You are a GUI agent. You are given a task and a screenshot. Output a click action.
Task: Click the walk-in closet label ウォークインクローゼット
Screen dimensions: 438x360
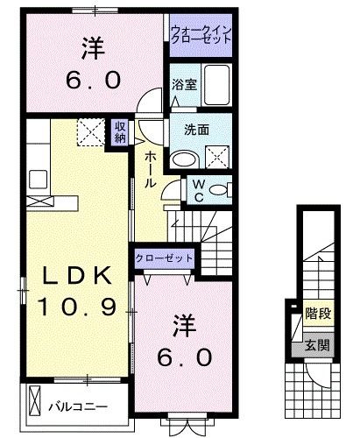coord(201,38)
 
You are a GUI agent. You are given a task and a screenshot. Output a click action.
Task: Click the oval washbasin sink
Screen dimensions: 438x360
coord(185,159)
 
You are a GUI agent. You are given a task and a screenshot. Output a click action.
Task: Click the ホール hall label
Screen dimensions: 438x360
coord(151,167)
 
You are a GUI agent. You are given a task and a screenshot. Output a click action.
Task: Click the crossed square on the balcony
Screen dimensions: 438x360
coord(35,404)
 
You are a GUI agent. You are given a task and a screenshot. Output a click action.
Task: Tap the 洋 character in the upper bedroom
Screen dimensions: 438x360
coord(91,45)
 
